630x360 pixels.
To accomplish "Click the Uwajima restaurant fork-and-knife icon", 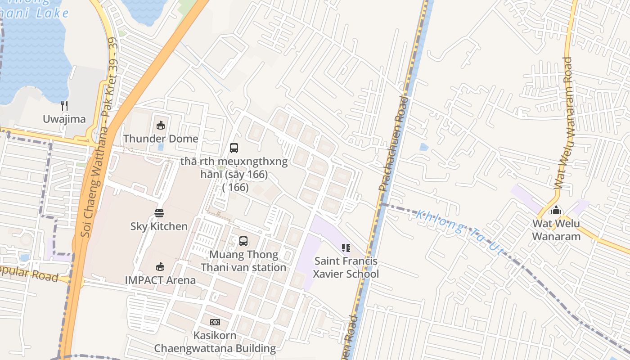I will click(x=64, y=106).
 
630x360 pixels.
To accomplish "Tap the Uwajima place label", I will click(x=64, y=119).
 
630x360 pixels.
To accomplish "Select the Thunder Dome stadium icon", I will click(x=160, y=125).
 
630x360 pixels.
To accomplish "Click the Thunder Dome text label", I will click(x=161, y=139).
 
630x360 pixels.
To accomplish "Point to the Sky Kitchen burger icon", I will click(x=159, y=213).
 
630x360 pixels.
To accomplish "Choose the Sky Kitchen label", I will click(x=159, y=226).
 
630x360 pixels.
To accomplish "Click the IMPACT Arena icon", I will click(x=160, y=267).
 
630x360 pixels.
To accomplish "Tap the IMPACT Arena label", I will click(x=160, y=280).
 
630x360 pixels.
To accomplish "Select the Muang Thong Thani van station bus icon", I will click(x=243, y=241).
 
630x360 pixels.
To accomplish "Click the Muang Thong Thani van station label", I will click(x=243, y=261).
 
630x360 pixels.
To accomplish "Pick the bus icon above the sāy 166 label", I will click(x=234, y=148).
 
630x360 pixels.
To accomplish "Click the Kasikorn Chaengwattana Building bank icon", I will click(x=215, y=322).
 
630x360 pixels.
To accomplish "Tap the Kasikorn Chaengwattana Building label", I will click(x=215, y=342).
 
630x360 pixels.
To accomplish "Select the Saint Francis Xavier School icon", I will click(x=346, y=248).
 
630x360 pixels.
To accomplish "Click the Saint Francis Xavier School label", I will click(x=346, y=268).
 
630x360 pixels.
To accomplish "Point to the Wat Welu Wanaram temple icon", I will click(x=557, y=210).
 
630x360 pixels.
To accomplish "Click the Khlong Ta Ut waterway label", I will click(x=459, y=232).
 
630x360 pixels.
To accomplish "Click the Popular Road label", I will click(x=29, y=274).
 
